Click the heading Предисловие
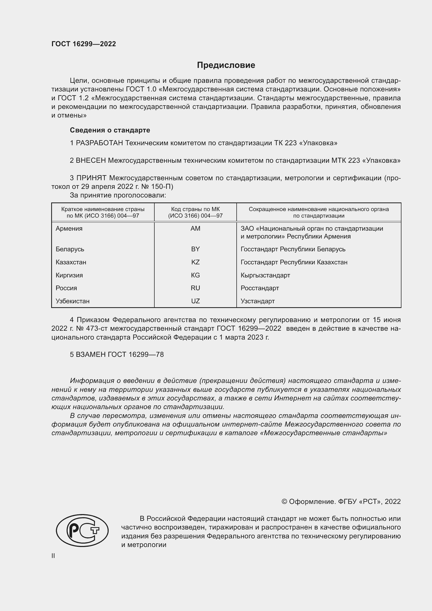(x=226, y=65)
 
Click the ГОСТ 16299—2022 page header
(x=84, y=44)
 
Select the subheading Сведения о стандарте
(x=110, y=130)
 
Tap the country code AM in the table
(x=195, y=229)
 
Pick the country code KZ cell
(x=195, y=262)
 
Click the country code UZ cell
(x=195, y=301)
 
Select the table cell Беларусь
(x=70, y=249)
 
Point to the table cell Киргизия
(x=69, y=275)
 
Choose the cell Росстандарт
(x=260, y=288)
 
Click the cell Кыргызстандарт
(x=265, y=275)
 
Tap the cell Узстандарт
(x=258, y=301)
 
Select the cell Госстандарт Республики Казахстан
(x=294, y=262)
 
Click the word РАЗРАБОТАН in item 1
(x=100, y=143)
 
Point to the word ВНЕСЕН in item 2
(x=91, y=160)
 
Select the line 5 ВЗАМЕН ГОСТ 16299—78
(x=117, y=354)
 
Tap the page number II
(x=53, y=556)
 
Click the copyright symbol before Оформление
(x=284, y=502)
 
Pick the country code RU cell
(x=195, y=288)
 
